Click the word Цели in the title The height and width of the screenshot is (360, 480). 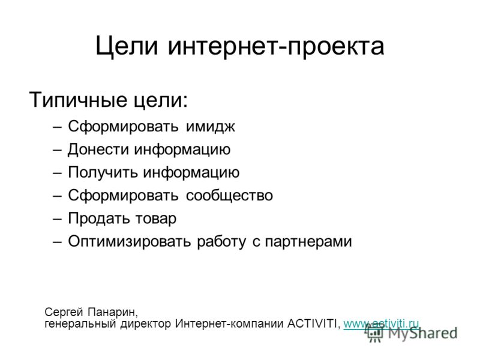click(x=127, y=46)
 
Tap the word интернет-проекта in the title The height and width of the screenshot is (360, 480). click(x=276, y=46)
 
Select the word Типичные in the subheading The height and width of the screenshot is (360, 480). click(x=78, y=100)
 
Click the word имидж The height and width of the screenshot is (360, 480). click(x=211, y=127)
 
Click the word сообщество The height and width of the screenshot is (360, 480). click(x=229, y=196)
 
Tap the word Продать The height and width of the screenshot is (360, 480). click(x=100, y=218)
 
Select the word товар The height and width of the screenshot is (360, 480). click(x=156, y=218)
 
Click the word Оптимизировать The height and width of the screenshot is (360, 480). click(x=129, y=241)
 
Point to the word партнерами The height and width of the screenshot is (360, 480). click(x=308, y=242)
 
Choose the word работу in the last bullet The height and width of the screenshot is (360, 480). click(x=221, y=242)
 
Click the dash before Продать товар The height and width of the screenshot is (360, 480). click(x=57, y=219)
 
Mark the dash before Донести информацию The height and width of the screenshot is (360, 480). click(x=57, y=151)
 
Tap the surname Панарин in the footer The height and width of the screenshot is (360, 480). click(x=113, y=313)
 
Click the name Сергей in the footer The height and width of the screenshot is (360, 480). click(x=64, y=313)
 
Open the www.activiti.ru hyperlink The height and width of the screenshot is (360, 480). click(x=381, y=323)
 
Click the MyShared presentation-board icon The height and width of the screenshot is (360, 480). click(x=375, y=334)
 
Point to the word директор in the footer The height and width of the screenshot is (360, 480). click(x=146, y=324)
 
